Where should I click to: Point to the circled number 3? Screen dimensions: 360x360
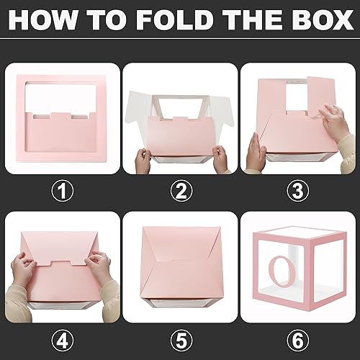(x=297, y=191)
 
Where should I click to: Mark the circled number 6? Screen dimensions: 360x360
(x=297, y=339)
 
